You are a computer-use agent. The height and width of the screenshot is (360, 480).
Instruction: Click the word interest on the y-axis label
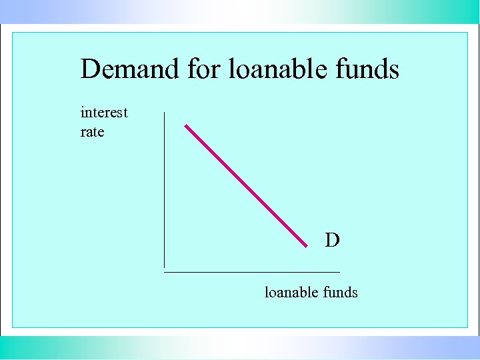pyautogui.click(x=103, y=112)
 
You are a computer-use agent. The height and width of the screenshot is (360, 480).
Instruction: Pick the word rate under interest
pyautogui.click(x=92, y=132)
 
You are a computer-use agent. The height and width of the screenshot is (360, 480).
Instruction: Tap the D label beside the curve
pyautogui.click(x=332, y=240)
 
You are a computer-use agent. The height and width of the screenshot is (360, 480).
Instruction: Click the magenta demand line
pyautogui.click(x=245, y=185)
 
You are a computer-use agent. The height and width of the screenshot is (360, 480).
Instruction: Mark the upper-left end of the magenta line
pyautogui.click(x=186, y=125)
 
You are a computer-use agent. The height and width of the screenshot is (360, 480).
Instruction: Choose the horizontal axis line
pyautogui.click(x=252, y=272)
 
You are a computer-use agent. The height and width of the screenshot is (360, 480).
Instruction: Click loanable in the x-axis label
pyautogui.click(x=290, y=292)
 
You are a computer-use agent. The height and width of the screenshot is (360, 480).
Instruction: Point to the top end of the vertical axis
pyautogui.click(x=164, y=113)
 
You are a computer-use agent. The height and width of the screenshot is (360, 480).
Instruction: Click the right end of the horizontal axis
pyautogui.click(x=339, y=272)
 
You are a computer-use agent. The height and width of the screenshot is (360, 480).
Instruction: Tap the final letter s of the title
pyautogui.click(x=394, y=71)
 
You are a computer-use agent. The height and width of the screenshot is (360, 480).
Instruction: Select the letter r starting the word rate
pyautogui.click(x=83, y=133)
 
